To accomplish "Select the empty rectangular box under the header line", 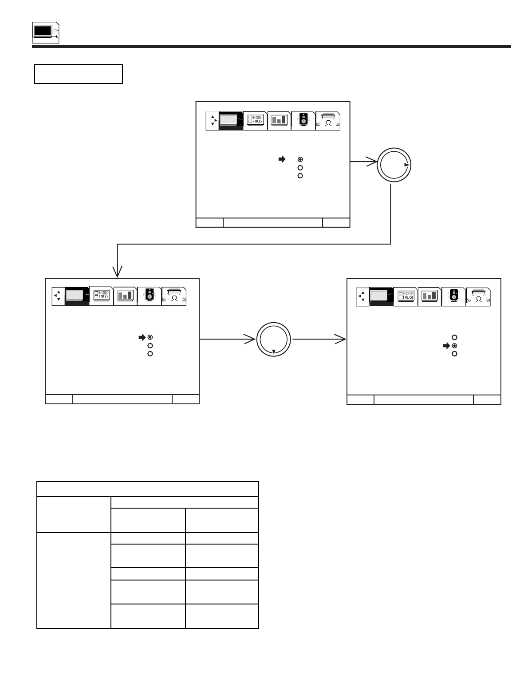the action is [79, 74].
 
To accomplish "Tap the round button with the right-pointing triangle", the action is [394, 164].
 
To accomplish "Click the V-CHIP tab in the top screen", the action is [255, 121].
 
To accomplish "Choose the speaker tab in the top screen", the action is [303, 121].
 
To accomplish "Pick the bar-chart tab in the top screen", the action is [279, 121].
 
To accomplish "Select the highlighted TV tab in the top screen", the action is [231, 121].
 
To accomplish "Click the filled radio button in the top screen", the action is [300, 159].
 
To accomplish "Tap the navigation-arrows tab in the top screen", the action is [213, 121].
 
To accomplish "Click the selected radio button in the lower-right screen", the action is [454, 346].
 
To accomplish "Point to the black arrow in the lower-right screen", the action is [446, 346].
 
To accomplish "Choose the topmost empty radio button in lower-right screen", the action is [454, 337].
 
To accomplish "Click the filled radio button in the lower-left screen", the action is [150, 337].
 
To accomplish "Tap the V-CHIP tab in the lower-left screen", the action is [101, 296].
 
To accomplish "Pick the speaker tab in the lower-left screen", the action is [149, 296].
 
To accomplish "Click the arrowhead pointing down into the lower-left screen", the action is [118, 272].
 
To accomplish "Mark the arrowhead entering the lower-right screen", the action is [341, 340].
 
